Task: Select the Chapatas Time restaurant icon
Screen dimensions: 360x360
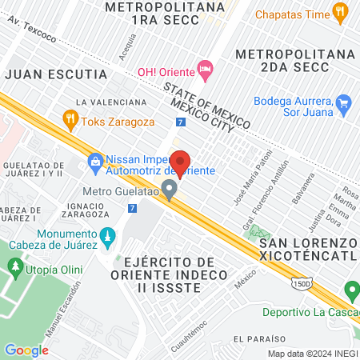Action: tap(341, 12)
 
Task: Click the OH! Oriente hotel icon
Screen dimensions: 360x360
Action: tap(206, 70)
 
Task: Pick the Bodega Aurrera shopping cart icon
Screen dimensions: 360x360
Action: tap(344, 102)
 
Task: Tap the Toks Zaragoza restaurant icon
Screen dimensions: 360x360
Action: tap(71, 119)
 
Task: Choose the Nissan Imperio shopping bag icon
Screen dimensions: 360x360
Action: tap(95, 162)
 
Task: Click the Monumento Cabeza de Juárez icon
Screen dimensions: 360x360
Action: tap(108, 238)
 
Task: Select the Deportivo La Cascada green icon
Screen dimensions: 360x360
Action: tap(350, 290)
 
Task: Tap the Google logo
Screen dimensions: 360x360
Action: tap(26, 350)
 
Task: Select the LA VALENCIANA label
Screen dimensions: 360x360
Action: tap(111, 102)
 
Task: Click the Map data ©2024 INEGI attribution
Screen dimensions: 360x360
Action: tap(312, 354)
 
